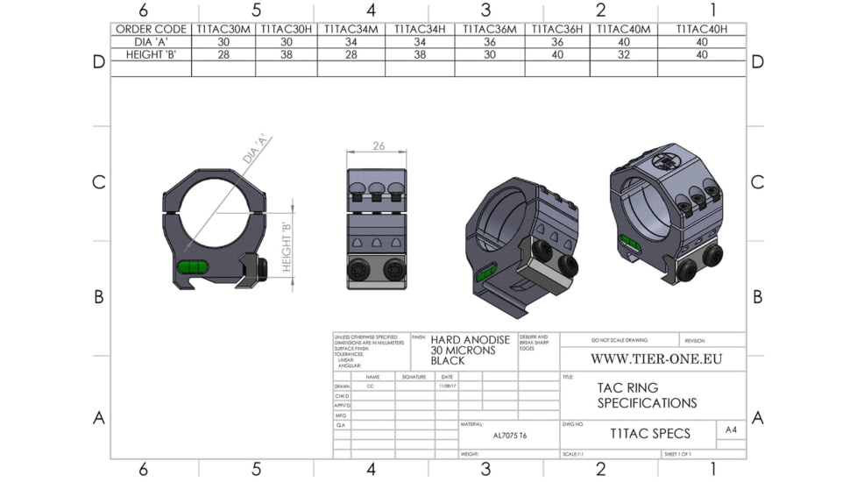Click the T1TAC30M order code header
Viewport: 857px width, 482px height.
click(x=223, y=29)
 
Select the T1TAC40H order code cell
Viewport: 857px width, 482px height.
click(x=701, y=29)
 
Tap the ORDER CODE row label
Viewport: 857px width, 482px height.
click(x=151, y=29)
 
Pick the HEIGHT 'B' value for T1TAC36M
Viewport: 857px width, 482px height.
click(x=489, y=54)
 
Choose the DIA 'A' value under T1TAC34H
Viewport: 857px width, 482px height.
click(x=419, y=41)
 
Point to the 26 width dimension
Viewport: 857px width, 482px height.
click(x=377, y=146)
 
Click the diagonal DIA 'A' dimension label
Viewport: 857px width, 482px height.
click(x=254, y=150)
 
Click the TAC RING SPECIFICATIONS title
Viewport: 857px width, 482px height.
click(x=647, y=395)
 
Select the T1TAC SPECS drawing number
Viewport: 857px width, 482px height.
click(x=649, y=433)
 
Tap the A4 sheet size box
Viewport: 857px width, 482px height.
click(x=730, y=429)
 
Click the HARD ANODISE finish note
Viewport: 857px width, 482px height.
click(x=463, y=350)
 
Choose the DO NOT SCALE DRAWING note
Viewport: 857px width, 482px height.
click(x=618, y=339)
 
